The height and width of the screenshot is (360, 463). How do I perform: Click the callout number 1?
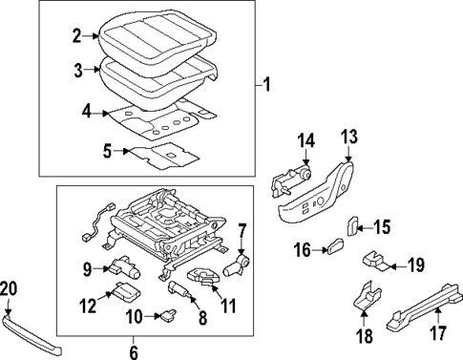coord(267,86)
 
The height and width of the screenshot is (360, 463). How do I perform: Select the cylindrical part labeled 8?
coord(181,289)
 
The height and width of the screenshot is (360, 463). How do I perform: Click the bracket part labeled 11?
coord(205,276)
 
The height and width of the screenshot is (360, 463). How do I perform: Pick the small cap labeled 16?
coord(334,248)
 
